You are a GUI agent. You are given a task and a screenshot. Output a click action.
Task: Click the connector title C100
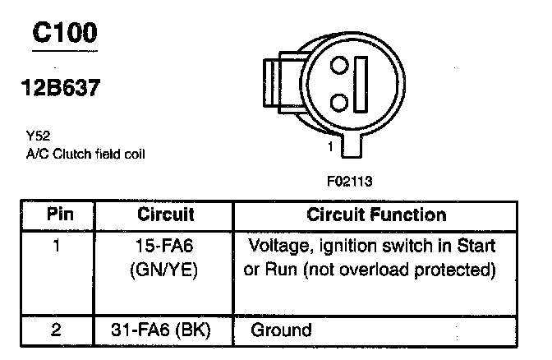coord(64,32)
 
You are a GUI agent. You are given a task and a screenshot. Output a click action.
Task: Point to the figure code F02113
coord(349,180)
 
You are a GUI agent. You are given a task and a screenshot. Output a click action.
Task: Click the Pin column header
coord(59,215)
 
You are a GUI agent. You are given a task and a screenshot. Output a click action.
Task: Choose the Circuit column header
coord(165,215)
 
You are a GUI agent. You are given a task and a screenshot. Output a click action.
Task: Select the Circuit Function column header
coord(375,215)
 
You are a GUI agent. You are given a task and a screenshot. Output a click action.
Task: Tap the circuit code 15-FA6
coord(165,245)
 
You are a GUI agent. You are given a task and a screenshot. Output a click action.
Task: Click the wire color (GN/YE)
coord(165,269)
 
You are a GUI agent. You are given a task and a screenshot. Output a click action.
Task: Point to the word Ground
coord(281,330)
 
